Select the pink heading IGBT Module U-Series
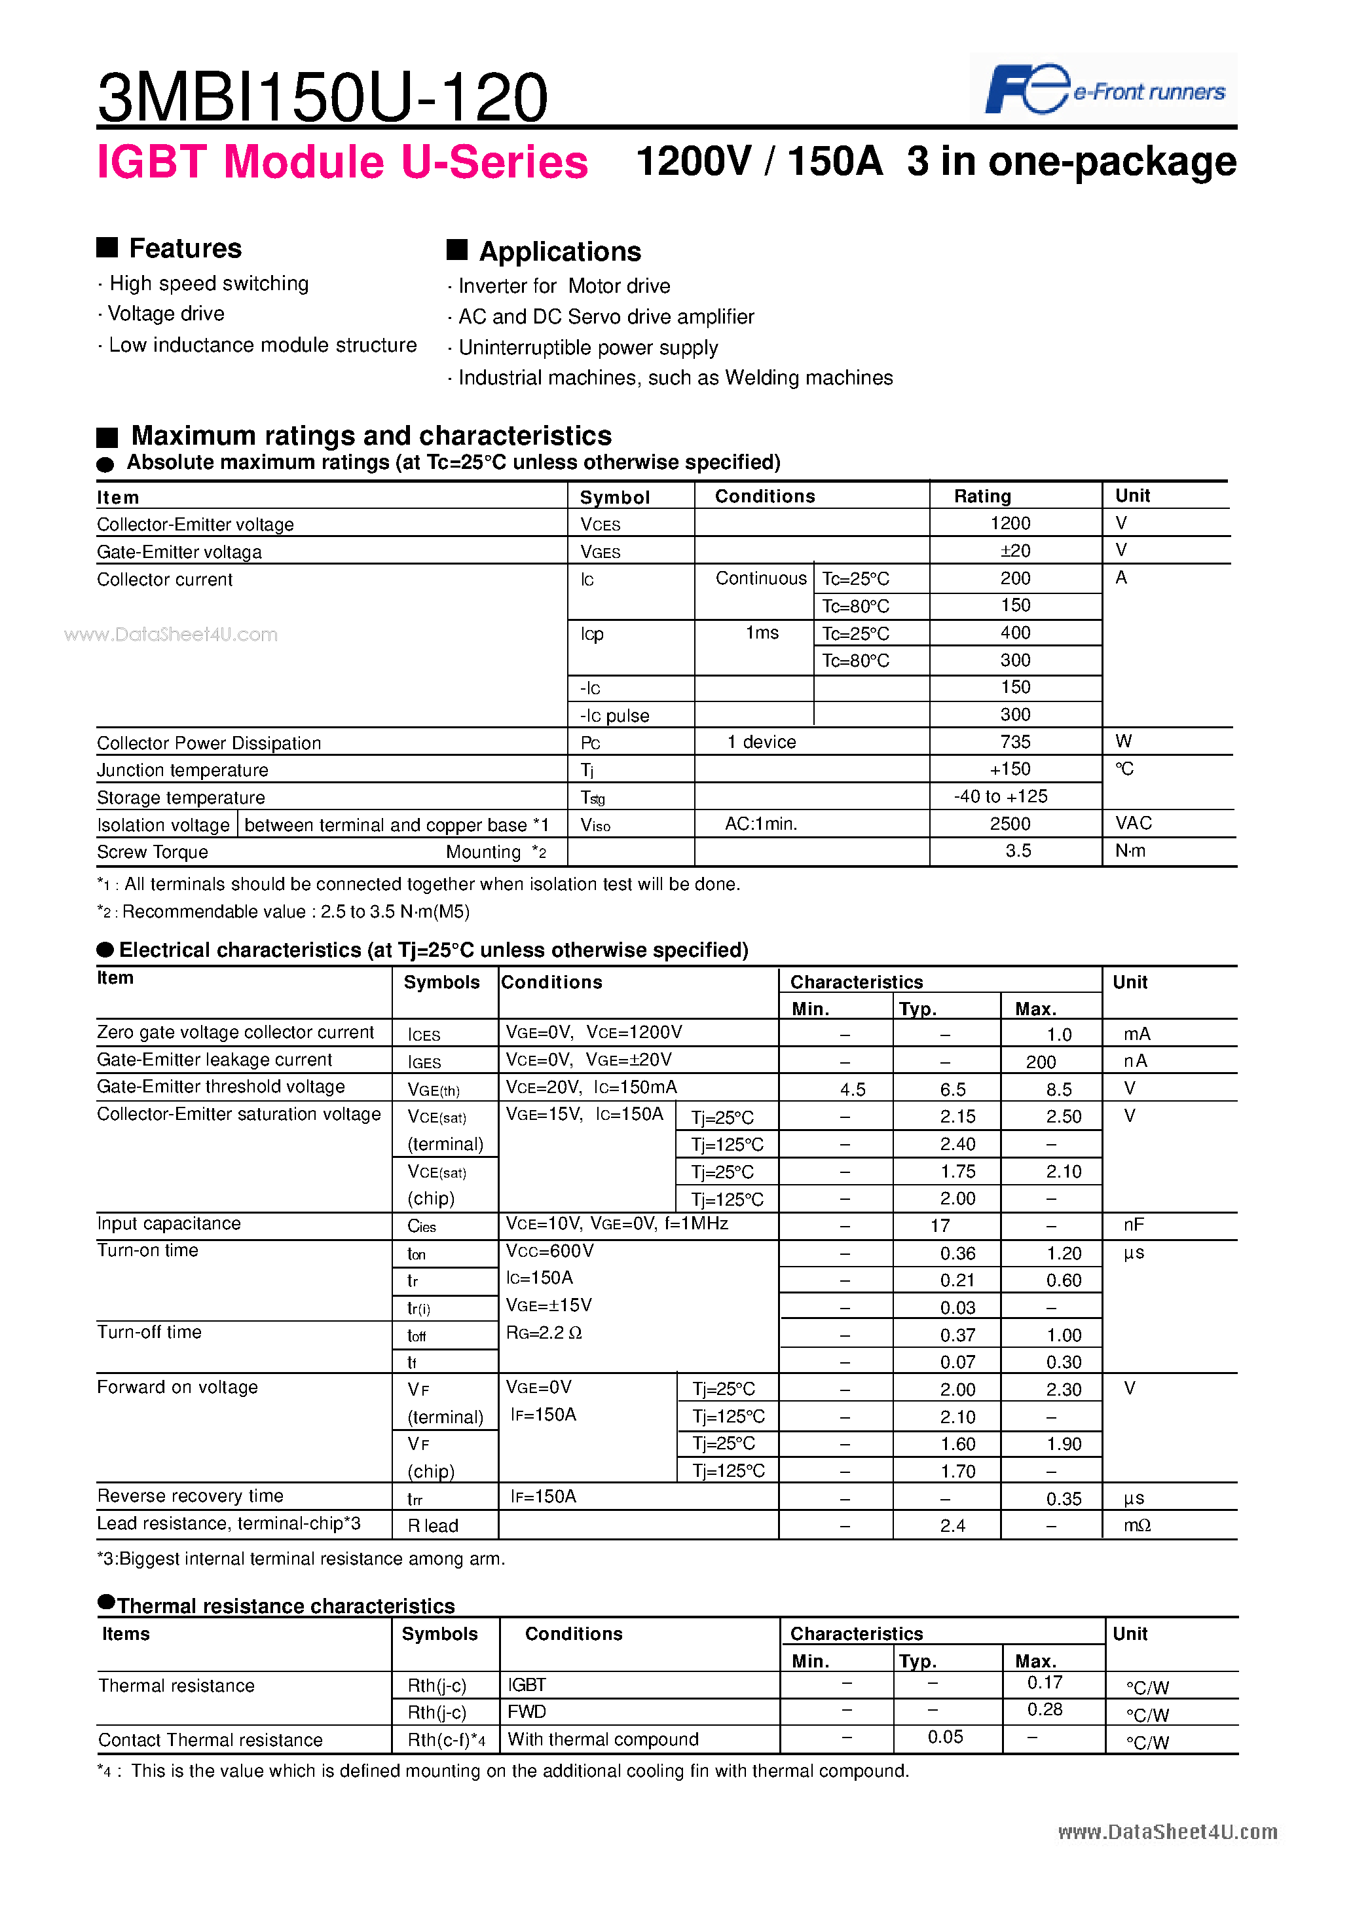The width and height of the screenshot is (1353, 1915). (342, 162)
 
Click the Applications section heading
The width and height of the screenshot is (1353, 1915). (560, 251)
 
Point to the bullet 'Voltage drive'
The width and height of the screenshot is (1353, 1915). (166, 314)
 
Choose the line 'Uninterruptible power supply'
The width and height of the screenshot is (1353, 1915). (588, 347)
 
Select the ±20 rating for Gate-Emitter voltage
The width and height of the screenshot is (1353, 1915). (1015, 551)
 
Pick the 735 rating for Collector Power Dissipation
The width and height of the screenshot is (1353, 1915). (1015, 741)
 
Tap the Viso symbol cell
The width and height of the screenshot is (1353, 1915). (595, 825)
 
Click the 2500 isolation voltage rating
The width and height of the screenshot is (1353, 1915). (1010, 823)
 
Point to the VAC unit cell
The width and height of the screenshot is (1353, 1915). (1134, 823)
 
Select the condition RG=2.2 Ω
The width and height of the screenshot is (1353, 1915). (544, 1333)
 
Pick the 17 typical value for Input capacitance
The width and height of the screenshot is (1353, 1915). (940, 1225)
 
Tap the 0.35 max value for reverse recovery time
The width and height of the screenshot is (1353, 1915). (1064, 1499)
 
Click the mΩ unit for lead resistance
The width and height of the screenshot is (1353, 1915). (1137, 1525)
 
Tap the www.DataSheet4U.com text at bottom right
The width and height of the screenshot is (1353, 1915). (1167, 1832)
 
